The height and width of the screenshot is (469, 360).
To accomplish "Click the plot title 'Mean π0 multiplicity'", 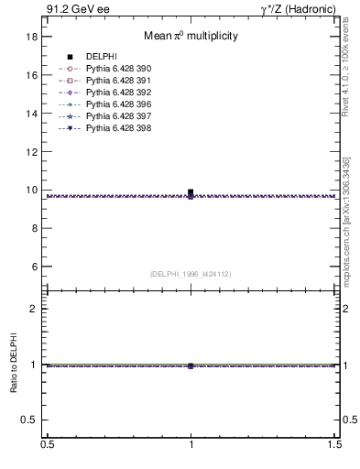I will pyautogui.click(x=191, y=37).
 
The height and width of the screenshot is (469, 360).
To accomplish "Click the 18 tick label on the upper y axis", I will pyautogui.click(x=31, y=37).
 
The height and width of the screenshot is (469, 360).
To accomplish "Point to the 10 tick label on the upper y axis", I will pyautogui.click(x=31, y=191).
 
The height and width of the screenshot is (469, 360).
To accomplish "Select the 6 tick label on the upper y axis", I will pyautogui.click(x=34, y=267).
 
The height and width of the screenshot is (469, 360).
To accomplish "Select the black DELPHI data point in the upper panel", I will pyautogui.click(x=191, y=193).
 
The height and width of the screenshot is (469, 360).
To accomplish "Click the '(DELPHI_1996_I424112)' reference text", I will pyautogui.click(x=191, y=274).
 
